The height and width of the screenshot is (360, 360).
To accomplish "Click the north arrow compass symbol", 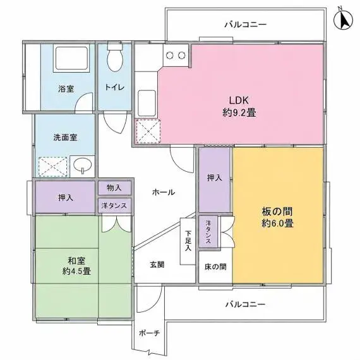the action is (x=343, y=20).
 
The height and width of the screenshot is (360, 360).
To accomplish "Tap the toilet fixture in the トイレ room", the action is (x=114, y=57).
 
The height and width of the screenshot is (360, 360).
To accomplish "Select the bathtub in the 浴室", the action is (x=71, y=58).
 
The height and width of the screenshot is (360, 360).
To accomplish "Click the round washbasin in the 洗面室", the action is (x=82, y=165).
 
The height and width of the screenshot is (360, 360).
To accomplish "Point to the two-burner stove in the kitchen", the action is (x=176, y=55).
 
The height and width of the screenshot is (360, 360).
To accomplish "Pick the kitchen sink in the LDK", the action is (x=147, y=104).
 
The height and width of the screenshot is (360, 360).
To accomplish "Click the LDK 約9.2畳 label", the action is (x=239, y=107).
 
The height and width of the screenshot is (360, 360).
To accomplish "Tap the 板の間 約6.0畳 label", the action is (x=277, y=217).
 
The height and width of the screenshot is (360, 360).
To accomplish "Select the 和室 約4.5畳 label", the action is (x=76, y=266).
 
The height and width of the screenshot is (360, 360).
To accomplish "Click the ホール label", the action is (x=164, y=192).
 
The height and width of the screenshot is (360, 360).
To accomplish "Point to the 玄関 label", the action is (x=157, y=265).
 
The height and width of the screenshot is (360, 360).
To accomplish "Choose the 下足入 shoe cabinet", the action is (x=188, y=241).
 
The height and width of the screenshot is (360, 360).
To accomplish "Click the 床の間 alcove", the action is (x=215, y=267).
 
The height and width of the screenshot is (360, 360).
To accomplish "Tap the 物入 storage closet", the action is (x=114, y=188).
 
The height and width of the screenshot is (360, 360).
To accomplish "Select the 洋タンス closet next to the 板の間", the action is (x=208, y=232).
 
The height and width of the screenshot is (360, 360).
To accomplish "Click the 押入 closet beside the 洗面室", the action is (x=66, y=197).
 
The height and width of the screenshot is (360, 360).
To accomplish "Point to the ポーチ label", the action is (x=149, y=333).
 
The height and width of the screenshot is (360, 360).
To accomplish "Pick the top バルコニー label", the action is (x=246, y=25).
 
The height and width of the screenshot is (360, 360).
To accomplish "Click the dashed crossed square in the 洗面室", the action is (x=53, y=167).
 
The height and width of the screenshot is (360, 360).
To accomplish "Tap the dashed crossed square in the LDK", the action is (x=148, y=131).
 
